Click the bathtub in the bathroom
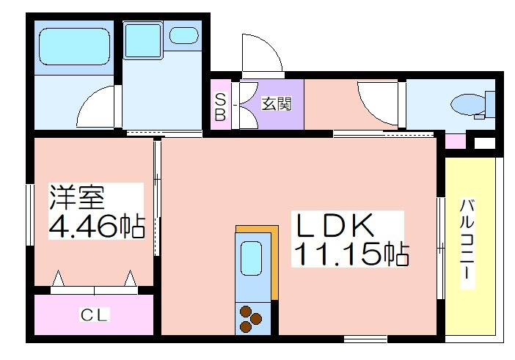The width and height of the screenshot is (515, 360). [x=74, y=46]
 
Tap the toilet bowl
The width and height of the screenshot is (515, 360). [x=468, y=105]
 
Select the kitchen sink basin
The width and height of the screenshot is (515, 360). [x=251, y=258]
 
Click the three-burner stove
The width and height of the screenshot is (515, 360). [x=251, y=319]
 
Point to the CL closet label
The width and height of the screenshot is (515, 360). [x=94, y=315]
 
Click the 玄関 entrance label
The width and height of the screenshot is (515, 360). [x=277, y=104]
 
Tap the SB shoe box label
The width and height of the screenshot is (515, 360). [x=220, y=107]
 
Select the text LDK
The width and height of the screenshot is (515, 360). [x=335, y=225]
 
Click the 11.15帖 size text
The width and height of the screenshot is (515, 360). [x=351, y=254]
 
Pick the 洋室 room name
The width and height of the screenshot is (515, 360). [x=77, y=197]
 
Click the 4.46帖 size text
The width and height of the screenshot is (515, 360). [x=97, y=226]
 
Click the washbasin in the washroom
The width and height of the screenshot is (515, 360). [x=184, y=35]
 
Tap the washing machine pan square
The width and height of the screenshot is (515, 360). [x=143, y=40]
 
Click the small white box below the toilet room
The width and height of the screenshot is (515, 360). [x=484, y=144]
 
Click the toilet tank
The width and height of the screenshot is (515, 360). [x=490, y=104]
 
